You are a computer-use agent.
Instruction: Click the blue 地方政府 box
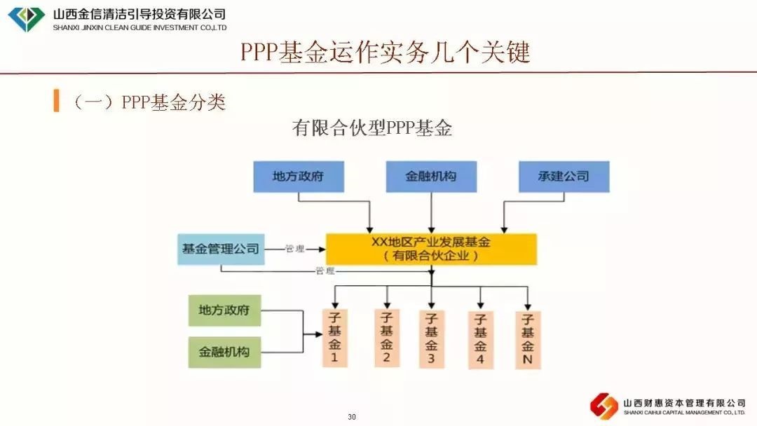coord(299,177)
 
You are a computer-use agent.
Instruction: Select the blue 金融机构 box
coord(431,177)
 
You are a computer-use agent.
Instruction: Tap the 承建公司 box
coord(564,177)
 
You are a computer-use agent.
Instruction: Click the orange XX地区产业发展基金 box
coord(431,249)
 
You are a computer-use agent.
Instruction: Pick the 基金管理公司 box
coord(221,249)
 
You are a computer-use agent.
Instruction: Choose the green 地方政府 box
coord(224,310)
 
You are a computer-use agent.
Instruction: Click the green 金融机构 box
coord(224,352)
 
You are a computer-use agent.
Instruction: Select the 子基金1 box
coord(334,338)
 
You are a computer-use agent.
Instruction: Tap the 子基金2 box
coord(386,338)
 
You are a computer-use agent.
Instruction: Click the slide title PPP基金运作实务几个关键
coord(386,53)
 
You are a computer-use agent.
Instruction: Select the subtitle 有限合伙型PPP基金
coord(372,129)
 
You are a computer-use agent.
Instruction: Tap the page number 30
coord(352,418)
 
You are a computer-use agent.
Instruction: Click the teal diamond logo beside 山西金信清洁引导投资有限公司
coord(27,19)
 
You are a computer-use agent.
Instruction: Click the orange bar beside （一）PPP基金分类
coord(56,101)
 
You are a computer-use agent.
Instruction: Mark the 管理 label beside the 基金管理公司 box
coord(294,249)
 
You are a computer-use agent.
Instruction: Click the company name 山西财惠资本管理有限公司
coord(683,403)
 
